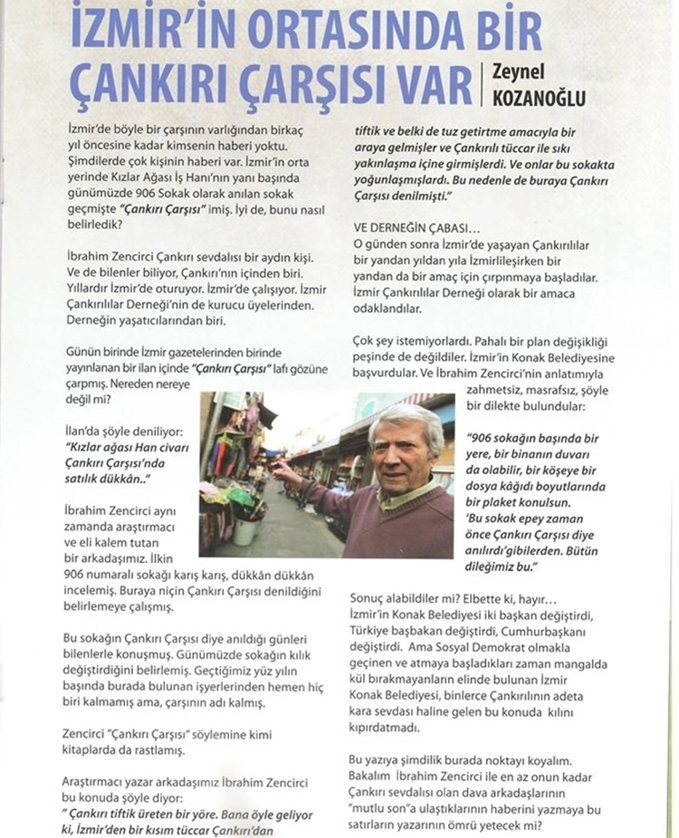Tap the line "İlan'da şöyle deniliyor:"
(x=120, y=431)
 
